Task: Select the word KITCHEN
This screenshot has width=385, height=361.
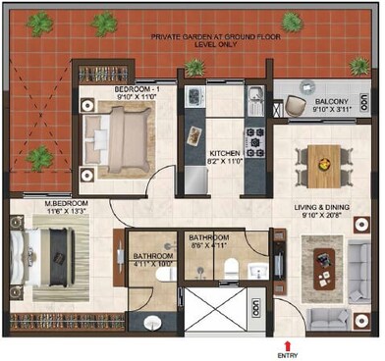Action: click(x=226, y=155)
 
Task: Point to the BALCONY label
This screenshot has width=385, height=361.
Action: click(x=321, y=101)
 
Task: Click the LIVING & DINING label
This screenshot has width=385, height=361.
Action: click(x=320, y=207)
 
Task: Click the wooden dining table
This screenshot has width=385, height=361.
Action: click(x=320, y=160)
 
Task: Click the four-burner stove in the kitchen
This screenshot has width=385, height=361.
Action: click(x=254, y=142)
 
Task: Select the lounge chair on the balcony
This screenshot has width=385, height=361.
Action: click(x=297, y=104)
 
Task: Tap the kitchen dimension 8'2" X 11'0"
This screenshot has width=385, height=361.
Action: click(x=226, y=164)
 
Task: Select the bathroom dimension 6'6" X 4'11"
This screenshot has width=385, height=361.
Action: click(x=209, y=246)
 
